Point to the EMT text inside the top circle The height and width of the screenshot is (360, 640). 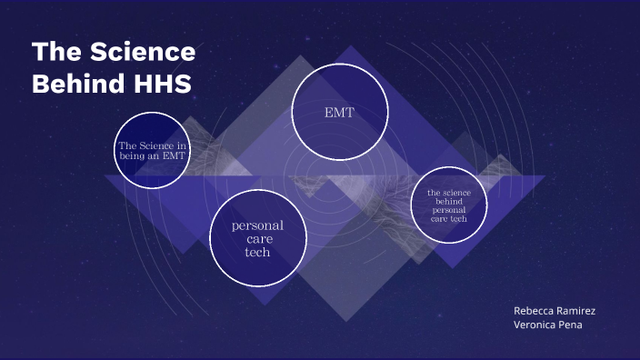[x=339, y=113]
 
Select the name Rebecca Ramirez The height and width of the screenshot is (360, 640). [x=555, y=311]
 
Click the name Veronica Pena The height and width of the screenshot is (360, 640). [x=548, y=325]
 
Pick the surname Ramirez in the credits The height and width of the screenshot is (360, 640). [x=575, y=311]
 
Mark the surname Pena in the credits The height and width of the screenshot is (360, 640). [x=568, y=325]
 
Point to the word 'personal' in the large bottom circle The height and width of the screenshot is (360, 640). [x=258, y=225]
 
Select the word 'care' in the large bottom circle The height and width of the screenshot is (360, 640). [x=258, y=239]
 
